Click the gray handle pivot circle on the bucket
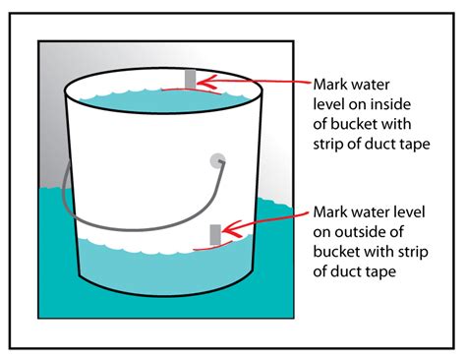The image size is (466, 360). [x=216, y=160]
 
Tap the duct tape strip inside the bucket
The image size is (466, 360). [x=191, y=78]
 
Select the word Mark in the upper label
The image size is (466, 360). [x=333, y=83]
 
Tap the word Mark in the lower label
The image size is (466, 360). [x=333, y=211]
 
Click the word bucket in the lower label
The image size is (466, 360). [x=336, y=251]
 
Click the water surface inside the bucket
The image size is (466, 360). [x=128, y=103]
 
